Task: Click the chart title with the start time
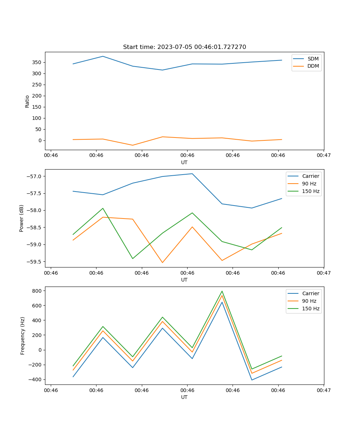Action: pos(184,47)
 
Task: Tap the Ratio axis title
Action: pos(27,102)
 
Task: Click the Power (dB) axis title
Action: pos(22,218)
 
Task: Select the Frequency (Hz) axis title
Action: pos(23,336)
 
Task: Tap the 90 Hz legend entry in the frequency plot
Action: pos(309,301)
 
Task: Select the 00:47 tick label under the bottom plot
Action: pos(324,390)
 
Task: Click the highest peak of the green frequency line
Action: pos(222,291)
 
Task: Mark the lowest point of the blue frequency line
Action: pos(252,380)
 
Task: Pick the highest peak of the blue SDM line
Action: pos(103,56)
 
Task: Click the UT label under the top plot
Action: pos(184,162)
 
